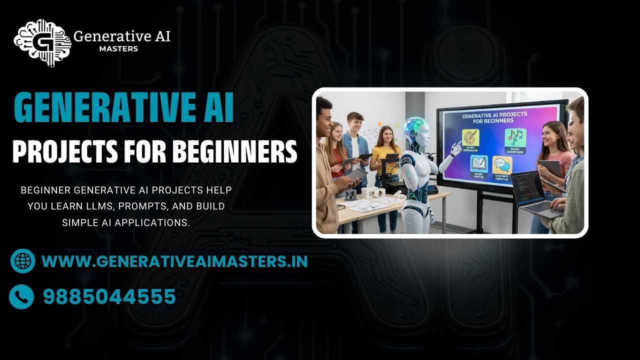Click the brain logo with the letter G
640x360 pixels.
click(x=42, y=42)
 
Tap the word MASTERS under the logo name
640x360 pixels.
click(x=118, y=49)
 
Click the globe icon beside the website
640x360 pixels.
click(x=22, y=261)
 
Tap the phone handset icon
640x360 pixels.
click(x=21, y=297)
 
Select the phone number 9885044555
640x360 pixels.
click(x=109, y=297)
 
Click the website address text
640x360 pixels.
click(x=174, y=261)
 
